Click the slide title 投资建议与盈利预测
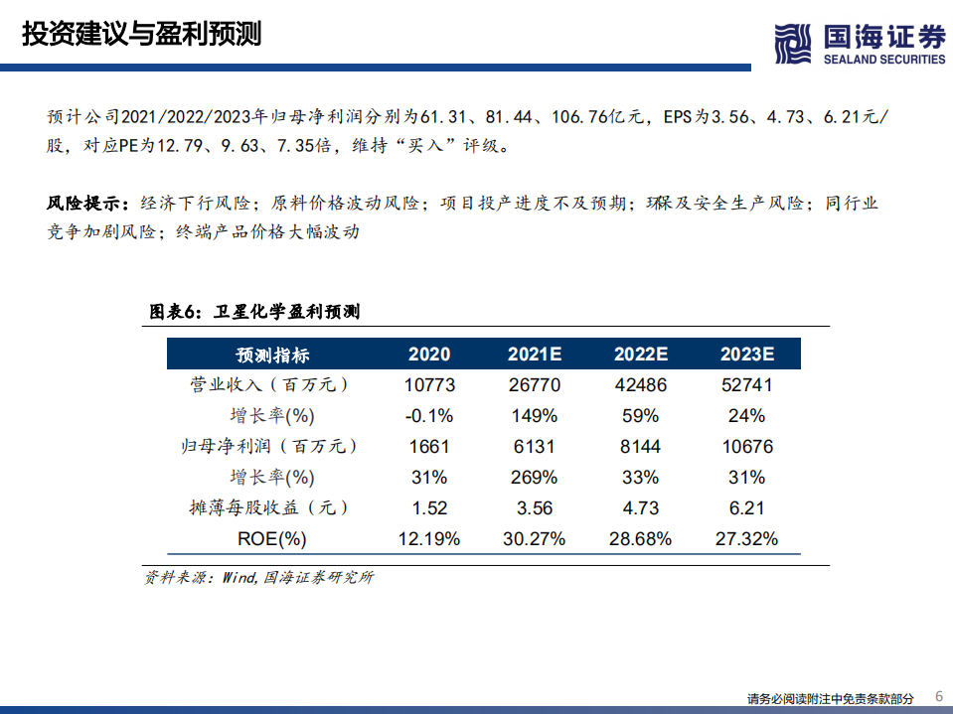(x=141, y=34)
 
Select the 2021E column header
(x=536, y=355)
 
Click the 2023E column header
(x=746, y=355)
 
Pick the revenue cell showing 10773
(x=429, y=385)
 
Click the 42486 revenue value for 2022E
(x=641, y=385)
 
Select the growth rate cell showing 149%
(x=536, y=415)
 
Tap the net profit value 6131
(x=536, y=447)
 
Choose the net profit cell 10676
(x=746, y=447)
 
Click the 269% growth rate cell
(x=536, y=478)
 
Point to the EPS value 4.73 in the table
(x=641, y=508)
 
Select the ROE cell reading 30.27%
(x=536, y=539)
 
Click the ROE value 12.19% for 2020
(x=429, y=539)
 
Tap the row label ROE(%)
(x=272, y=539)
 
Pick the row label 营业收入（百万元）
(x=272, y=385)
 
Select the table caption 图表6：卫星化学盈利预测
(x=254, y=312)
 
